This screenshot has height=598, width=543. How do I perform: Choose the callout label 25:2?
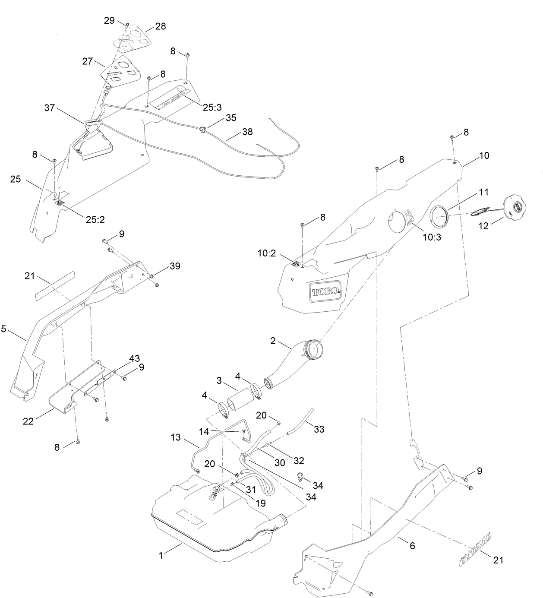95,219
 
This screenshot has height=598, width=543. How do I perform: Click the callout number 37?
50,108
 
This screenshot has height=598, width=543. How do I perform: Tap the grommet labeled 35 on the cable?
202,128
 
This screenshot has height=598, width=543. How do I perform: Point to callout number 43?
135,358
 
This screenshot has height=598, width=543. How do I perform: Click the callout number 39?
175,266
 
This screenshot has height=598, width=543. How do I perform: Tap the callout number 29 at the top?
109,20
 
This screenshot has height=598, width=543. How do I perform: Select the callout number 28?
161,26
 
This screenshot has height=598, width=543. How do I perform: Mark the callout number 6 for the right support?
412,546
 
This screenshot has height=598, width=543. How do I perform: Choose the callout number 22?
28,421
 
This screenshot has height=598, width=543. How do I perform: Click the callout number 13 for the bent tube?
176,437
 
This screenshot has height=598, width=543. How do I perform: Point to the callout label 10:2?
267,253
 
